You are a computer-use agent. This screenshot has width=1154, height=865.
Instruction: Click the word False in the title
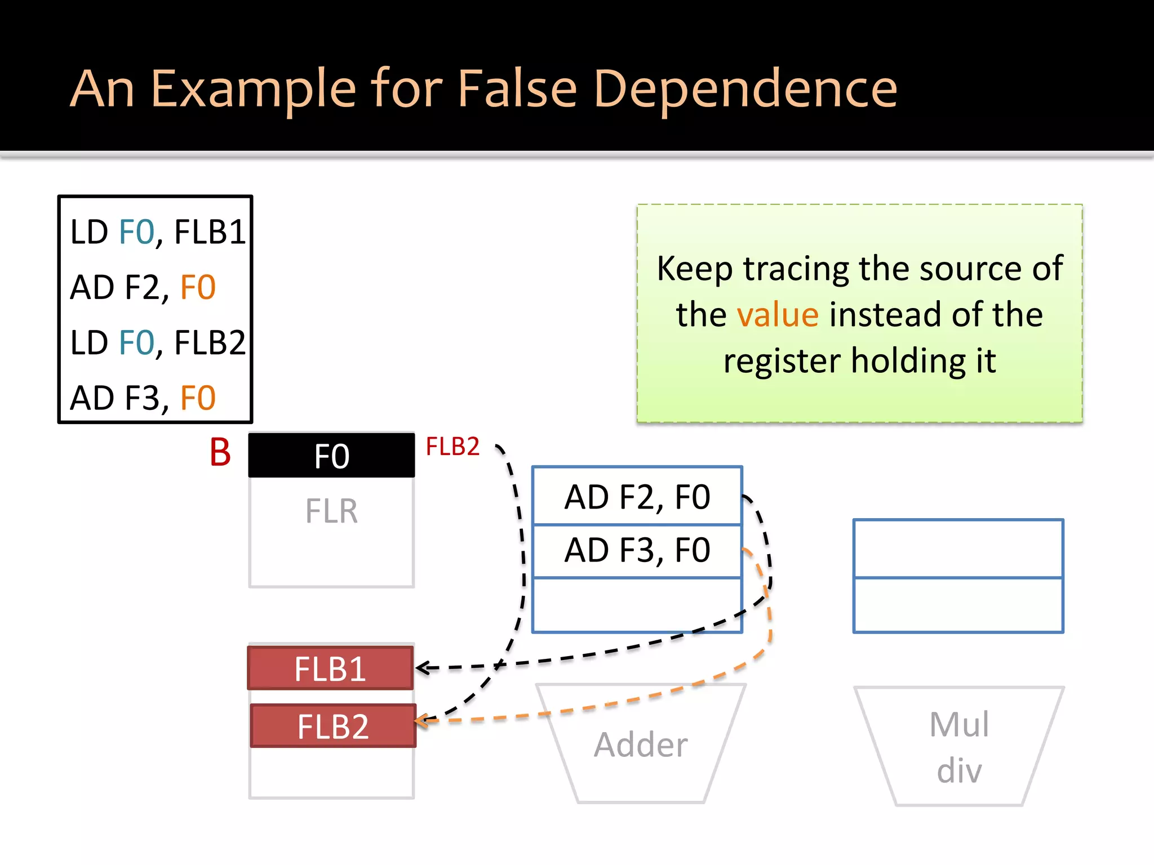coord(517,88)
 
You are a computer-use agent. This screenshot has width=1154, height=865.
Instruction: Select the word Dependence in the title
coord(745,88)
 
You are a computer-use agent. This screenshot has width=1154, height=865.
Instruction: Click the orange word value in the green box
coord(778,314)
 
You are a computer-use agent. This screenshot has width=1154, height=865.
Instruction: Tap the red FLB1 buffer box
coord(331,668)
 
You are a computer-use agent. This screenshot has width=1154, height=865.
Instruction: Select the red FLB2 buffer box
coord(333,726)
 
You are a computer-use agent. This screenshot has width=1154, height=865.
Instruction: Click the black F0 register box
coord(331,456)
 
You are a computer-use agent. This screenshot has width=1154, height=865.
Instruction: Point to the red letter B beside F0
coord(220,452)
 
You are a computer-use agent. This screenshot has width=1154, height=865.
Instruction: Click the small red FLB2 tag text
coord(452,447)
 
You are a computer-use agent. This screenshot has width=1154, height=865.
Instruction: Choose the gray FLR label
coord(331,511)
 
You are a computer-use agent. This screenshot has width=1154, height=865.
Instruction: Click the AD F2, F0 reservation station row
coord(637,497)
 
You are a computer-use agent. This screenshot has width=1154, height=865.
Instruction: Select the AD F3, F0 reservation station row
coord(637,550)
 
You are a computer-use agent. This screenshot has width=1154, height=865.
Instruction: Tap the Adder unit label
coord(641,744)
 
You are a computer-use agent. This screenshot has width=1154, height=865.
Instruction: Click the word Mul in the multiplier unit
coord(958,724)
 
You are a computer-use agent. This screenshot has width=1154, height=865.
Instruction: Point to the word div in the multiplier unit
coord(958,770)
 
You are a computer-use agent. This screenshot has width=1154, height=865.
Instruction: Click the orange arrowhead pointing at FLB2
coord(423,721)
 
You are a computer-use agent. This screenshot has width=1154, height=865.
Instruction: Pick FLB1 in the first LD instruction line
coord(210,231)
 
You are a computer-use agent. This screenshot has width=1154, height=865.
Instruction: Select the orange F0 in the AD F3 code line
coord(198,398)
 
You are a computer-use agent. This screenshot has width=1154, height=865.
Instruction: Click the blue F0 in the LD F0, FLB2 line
coord(137,342)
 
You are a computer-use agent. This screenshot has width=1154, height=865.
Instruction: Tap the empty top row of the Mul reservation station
coord(958,548)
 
